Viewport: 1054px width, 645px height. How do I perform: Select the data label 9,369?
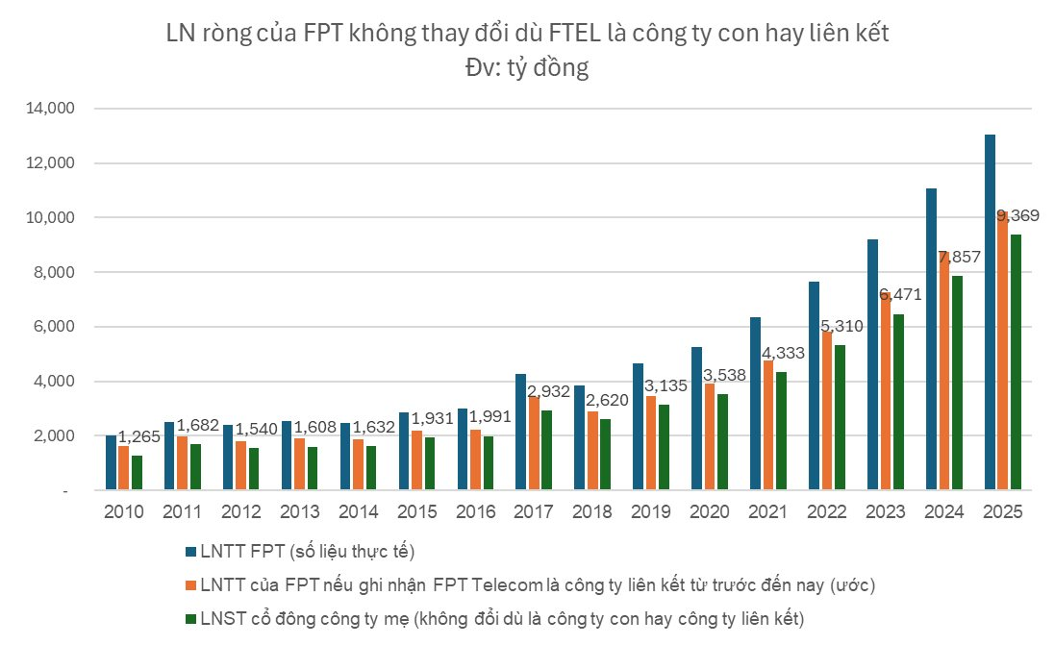1021,215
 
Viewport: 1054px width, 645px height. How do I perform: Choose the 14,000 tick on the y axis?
47,110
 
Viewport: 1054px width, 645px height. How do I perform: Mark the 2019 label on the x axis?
651,512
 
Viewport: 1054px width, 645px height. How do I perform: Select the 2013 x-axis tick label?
299,512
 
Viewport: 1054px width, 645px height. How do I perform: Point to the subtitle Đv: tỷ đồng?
526,67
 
